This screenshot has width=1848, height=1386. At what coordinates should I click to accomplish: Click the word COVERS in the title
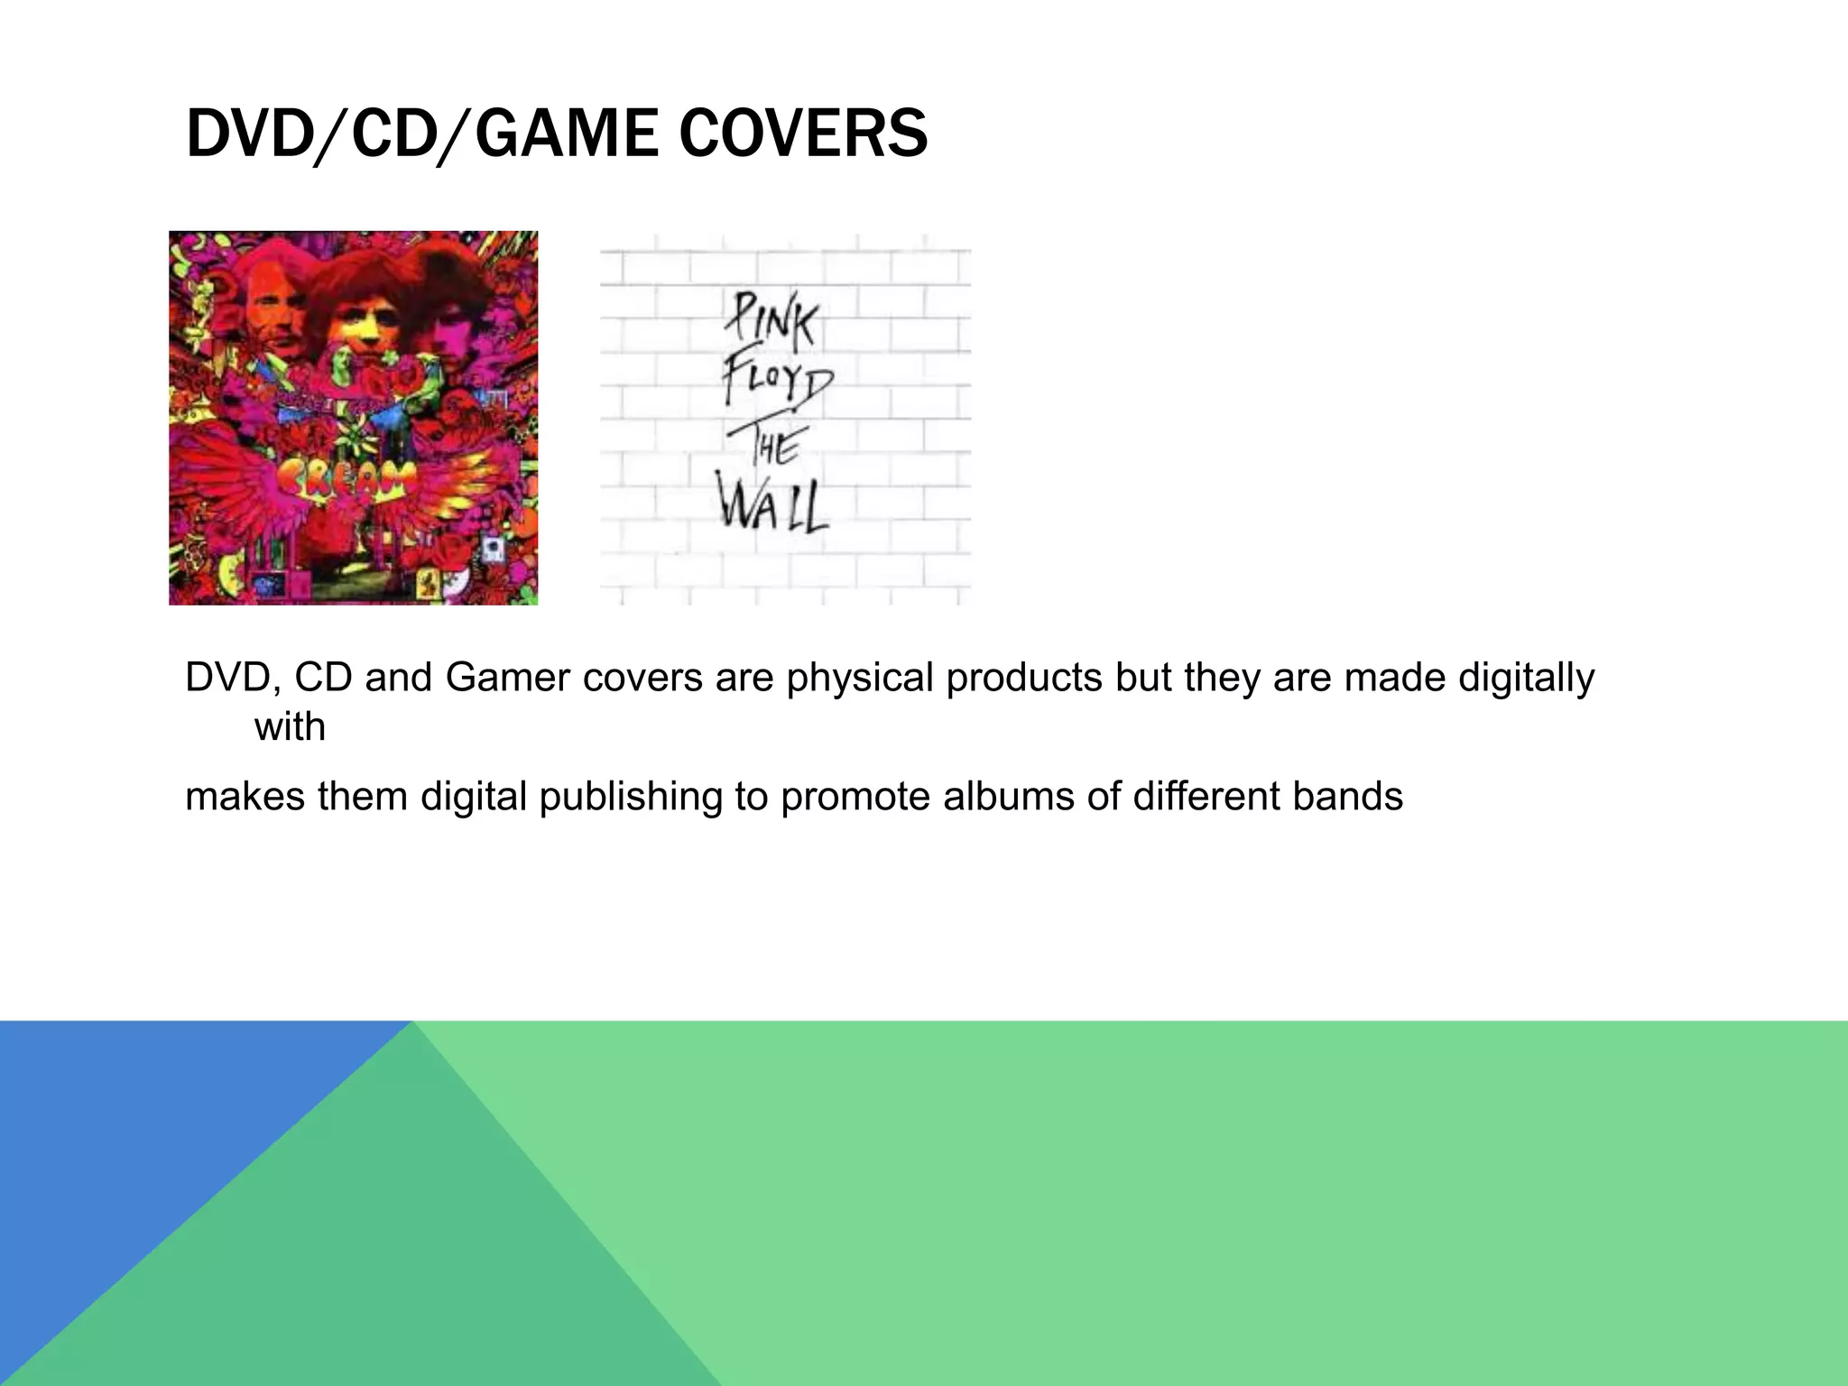click(803, 134)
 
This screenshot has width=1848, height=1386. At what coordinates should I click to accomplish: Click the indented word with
click(290, 726)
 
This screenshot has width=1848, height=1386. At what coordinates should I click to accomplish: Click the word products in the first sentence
click(1023, 678)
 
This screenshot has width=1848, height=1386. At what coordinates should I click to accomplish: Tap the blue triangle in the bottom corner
click(135, 1128)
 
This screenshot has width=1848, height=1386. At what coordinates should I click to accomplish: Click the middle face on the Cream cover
click(355, 307)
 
